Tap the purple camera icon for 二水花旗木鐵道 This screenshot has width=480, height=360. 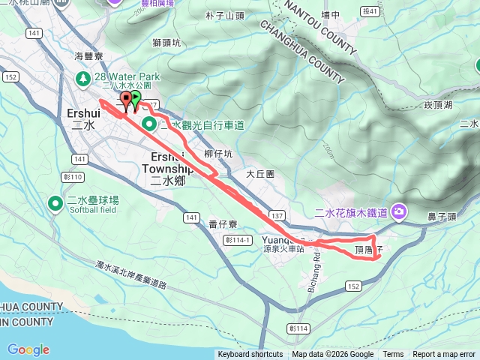(x=398, y=212)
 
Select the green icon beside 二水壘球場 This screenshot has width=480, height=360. (x=55, y=203)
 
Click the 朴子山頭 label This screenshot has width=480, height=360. (x=224, y=15)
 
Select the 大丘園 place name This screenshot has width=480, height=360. (x=260, y=173)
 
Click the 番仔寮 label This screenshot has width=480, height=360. (x=223, y=223)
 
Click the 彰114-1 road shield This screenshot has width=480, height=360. (x=235, y=239)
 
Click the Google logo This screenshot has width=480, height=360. (x=28, y=349)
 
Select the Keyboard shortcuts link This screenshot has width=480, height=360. (x=250, y=355)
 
